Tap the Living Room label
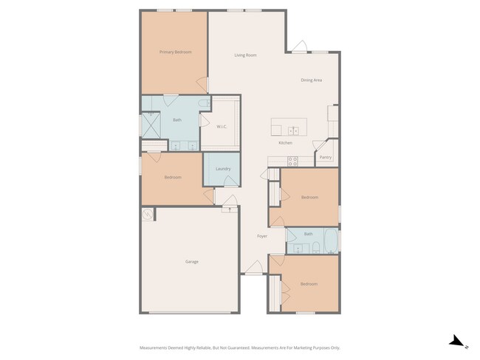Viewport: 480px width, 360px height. (245, 55)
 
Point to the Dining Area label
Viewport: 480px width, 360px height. (311, 80)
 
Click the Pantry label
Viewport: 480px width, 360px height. (326, 157)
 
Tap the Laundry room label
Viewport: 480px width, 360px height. (223, 169)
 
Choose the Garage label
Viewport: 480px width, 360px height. (191, 261)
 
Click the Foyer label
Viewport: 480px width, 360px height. (261, 236)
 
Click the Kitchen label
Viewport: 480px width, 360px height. (285, 142)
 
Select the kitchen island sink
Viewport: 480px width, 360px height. (293, 131)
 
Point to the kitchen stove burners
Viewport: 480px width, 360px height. (292, 161)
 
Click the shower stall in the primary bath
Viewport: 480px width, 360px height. (151, 124)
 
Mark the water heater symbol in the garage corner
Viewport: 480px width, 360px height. (148, 215)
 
